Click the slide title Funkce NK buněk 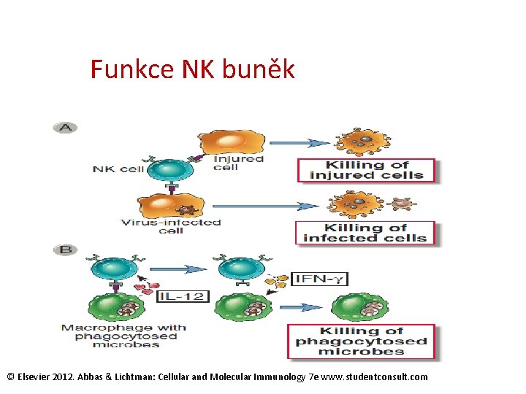[192, 70]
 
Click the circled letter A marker [65, 128]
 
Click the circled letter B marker [65, 250]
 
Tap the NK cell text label [118, 170]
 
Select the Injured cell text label [238, 163]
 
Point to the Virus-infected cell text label [172, 226]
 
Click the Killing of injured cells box [366, 170]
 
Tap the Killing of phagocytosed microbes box [361, 341]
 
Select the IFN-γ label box [319, 279]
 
